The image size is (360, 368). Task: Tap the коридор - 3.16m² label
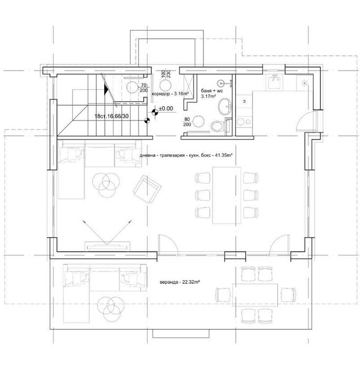170,94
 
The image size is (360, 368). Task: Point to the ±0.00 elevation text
166,109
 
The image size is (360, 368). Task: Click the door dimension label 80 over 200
186,122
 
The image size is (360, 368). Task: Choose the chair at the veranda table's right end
288,293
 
